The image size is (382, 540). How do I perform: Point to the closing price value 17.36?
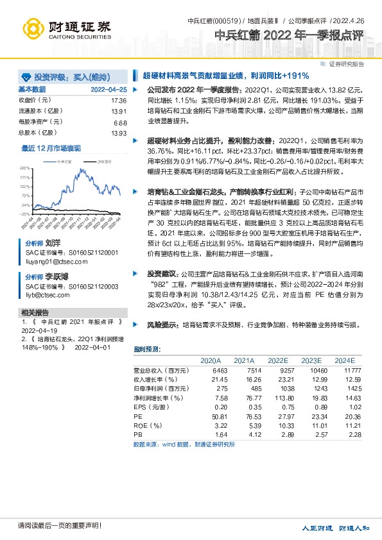[x=119, y=101]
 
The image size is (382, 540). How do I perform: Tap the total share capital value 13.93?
[x=119, y=133]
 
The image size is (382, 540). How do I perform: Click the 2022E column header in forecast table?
[x=277, y=360]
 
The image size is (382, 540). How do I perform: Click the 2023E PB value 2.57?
[x=320, y=434]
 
